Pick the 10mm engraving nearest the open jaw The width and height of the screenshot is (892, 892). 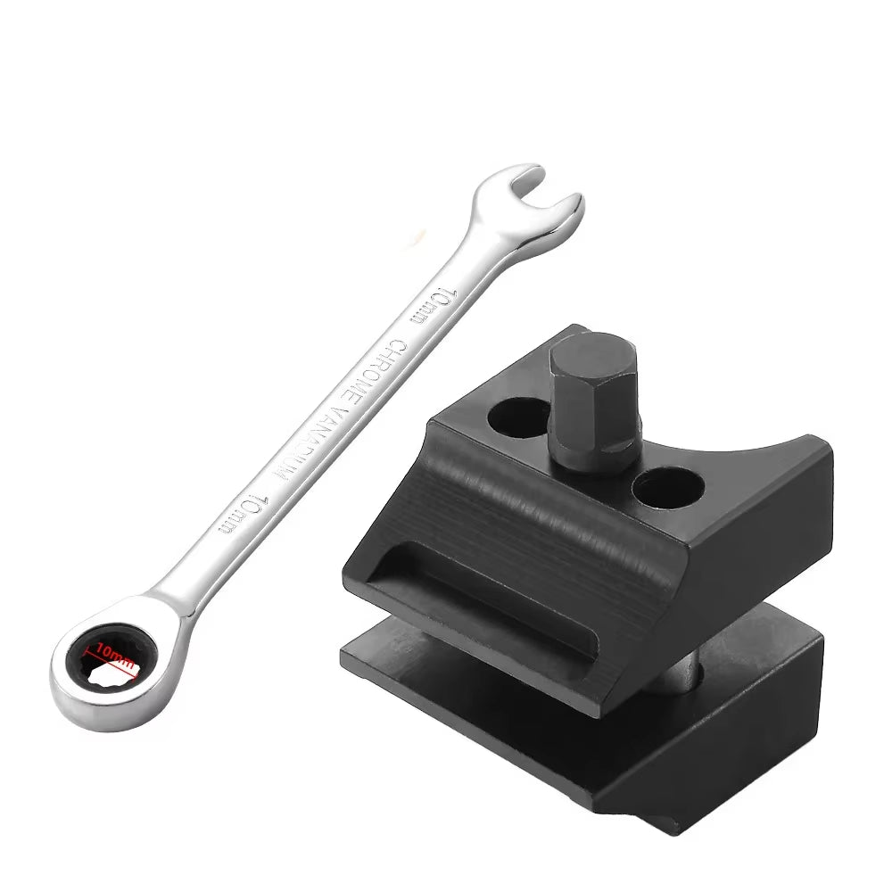click(x=434, y=306)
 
